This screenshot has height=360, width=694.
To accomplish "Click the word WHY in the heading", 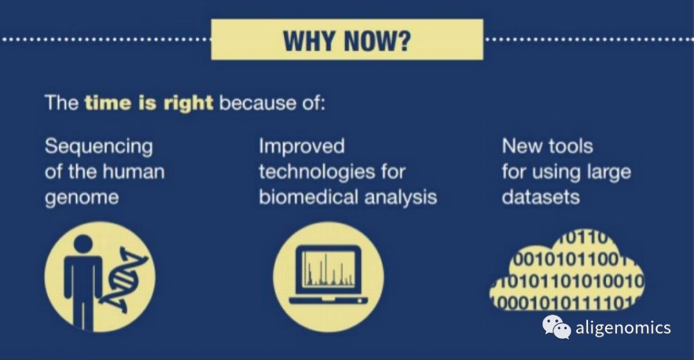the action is point(309,40).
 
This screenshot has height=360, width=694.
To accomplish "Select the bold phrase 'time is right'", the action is point(148,103).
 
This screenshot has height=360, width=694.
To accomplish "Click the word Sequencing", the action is point(99,147).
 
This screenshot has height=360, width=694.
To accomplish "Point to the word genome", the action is point(82,198).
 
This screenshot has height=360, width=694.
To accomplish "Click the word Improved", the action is point(301,147).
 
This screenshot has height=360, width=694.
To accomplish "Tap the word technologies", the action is point(317,172).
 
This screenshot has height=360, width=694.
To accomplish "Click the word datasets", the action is point(540,197).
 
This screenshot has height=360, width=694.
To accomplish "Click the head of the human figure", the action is point(83,245).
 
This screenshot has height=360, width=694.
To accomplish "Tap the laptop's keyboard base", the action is point(328,300).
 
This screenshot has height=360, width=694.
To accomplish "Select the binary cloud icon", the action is point(567,271).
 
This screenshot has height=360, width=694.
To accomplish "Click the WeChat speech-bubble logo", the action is point(556,327).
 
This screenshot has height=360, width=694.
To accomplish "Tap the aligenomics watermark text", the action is point(623,328).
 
